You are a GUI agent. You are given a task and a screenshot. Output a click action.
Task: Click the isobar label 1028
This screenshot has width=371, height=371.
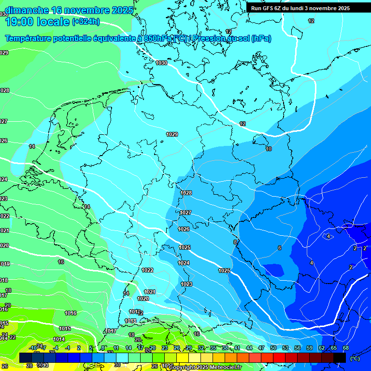coord(186,193)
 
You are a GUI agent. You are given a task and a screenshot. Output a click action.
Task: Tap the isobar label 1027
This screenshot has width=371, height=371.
coord(185,213)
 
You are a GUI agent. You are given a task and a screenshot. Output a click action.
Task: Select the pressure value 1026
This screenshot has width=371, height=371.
coord(184,229)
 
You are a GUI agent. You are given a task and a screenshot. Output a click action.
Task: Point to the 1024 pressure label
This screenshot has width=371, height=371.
coord(184,263)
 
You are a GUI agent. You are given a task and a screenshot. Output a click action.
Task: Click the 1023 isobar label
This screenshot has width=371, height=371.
coord(186,284)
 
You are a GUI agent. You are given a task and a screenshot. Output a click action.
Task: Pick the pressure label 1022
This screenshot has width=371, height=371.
coord(148,270)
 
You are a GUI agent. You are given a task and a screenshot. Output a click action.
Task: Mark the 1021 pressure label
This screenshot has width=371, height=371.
coord(150,292)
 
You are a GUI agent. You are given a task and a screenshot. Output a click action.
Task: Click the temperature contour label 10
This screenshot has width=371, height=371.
coord(269,149)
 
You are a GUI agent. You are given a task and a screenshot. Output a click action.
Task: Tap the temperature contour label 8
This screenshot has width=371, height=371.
coord(235,242)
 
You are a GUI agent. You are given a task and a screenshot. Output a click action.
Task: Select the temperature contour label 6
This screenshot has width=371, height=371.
coord(279,248)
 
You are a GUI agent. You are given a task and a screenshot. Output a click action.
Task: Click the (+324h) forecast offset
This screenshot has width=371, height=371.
coord(86,22)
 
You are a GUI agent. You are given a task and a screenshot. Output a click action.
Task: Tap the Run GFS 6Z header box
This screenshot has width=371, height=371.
coord(300,8)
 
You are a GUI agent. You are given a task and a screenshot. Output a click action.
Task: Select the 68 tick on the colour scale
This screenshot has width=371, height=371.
coord(346,348)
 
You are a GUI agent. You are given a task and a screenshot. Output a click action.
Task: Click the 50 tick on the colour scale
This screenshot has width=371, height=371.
coord(273,348)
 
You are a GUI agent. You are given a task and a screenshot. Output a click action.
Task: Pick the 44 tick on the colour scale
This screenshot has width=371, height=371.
coord(249,348)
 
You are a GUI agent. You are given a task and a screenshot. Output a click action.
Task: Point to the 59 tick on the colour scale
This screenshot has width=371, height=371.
coord(310,348)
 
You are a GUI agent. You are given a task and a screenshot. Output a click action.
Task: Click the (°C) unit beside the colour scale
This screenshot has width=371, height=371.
coord(355,358)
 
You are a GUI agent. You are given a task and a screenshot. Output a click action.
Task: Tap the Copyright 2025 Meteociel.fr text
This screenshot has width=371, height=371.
coord(205,367)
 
